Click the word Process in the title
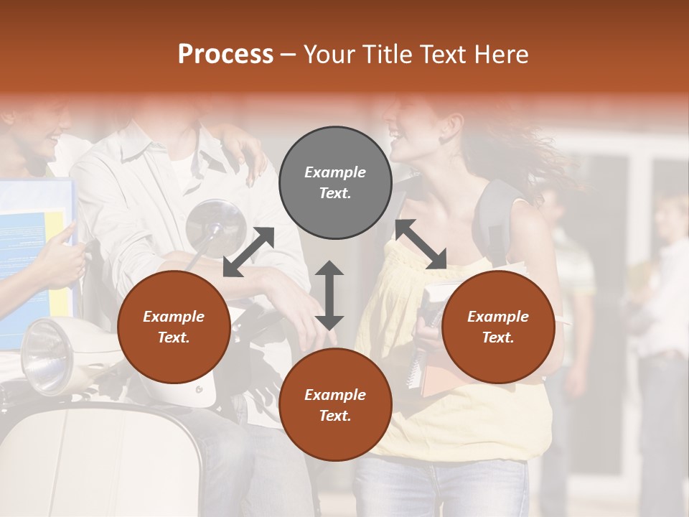pyautogui.click(x=225, y=55)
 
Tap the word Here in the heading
pyautogui.click(x=500, y=55)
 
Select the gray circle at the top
pyautogui.click(x=335, y=182)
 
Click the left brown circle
pyautogui.click(x=174, y=327)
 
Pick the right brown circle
pyautogui.click(x=498, y=327)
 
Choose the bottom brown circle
pyautogui.click(x=335, y=405)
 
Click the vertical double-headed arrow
pyautogui.click(x=329, y=295)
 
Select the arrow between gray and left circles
pyautogui.click(x=248, y=251)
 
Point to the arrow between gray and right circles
pyautogui.click(x=421, y=244)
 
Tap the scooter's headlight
pyautogui.click(x=47, y=355)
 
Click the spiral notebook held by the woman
pyautogui.click(x=416, y=352)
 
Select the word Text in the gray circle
pyautogui.click(x=335, y=193)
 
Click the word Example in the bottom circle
pyautogui.click(x=335, y=394)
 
